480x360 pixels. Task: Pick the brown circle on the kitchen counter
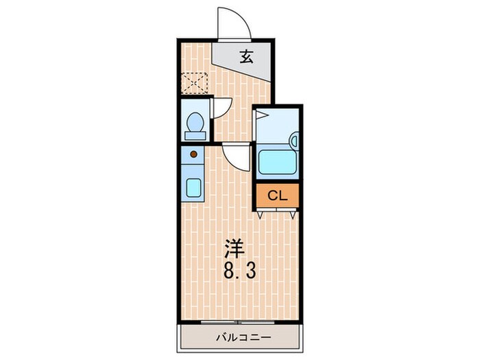click(193, 154)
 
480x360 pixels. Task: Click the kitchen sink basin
click(194, 187)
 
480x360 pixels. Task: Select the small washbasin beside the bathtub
click(294, 141)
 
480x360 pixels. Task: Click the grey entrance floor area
click(244, 59)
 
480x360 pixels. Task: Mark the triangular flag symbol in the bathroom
click(262, 117)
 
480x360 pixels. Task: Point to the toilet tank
click(195, 136)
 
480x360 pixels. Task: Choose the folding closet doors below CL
click(277, 213)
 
